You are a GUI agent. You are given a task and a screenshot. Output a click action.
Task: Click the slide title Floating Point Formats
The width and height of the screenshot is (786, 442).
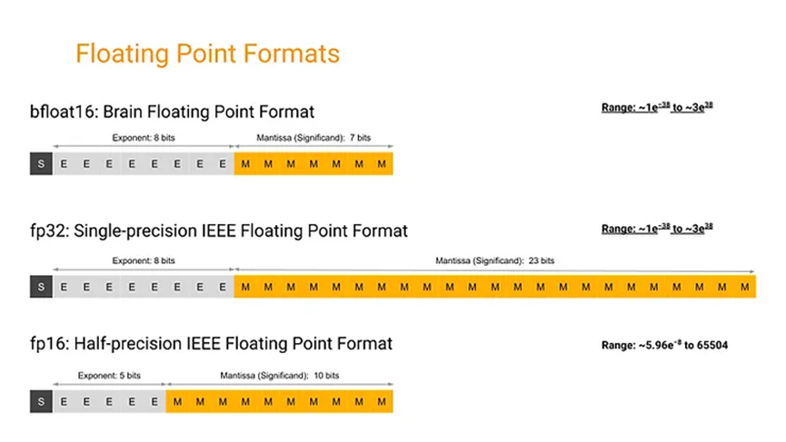click(x=207, y=54)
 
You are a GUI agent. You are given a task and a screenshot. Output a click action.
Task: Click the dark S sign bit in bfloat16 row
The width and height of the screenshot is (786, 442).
click(x=41, y=164)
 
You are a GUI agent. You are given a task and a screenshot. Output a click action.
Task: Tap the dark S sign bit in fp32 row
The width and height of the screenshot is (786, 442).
click(x=41, y=287)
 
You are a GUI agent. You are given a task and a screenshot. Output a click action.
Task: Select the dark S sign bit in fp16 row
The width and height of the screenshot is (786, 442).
click(x=41, y=400)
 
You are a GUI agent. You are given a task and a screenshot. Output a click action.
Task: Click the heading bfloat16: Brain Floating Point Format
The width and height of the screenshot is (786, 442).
click(x=172, y=112)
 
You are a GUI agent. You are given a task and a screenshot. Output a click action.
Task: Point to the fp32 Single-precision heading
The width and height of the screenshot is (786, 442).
click(x=219, y=231)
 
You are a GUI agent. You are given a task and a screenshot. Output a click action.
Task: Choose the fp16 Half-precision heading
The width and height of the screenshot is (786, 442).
click(x=211, y=344)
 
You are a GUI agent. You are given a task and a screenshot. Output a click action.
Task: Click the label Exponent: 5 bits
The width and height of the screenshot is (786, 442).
click(x=110, y=374)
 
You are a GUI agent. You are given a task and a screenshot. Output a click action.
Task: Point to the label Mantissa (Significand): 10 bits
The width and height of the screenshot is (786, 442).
click(x=280, y=374)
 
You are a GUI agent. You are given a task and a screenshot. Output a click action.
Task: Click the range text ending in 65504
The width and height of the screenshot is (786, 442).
click(x=665, y=345)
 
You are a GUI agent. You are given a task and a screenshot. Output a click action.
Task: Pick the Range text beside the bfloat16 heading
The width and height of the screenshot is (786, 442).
click(x=657, y=107)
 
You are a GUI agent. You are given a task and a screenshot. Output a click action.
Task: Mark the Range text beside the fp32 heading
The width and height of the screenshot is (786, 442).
click(x=657, y=229)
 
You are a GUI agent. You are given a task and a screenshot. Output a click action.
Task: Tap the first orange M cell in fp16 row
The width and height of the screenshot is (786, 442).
click(x=177, y=400)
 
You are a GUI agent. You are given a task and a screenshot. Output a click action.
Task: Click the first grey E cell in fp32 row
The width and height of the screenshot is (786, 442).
click(x=64, y=287)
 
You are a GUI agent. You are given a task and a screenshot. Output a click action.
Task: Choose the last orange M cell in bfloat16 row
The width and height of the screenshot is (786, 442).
click(x=382, y=164)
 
